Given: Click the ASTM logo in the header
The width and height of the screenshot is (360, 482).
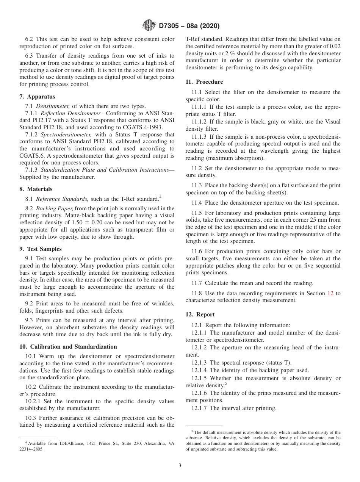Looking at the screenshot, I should pos(148,25).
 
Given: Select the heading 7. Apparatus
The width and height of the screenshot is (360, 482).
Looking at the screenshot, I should pos(37,97).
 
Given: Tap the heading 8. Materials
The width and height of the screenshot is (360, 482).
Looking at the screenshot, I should pos(36,189).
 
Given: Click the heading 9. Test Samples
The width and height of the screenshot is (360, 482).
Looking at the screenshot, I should pos(41,249).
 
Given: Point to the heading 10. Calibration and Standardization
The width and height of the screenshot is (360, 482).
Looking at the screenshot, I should pos(68,346).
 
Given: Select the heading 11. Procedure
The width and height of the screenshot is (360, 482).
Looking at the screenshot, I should pos(204,82).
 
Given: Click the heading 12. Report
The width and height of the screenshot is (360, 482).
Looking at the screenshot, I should pos(200,314).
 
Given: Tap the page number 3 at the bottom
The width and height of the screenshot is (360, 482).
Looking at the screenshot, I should pos(180,466).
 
